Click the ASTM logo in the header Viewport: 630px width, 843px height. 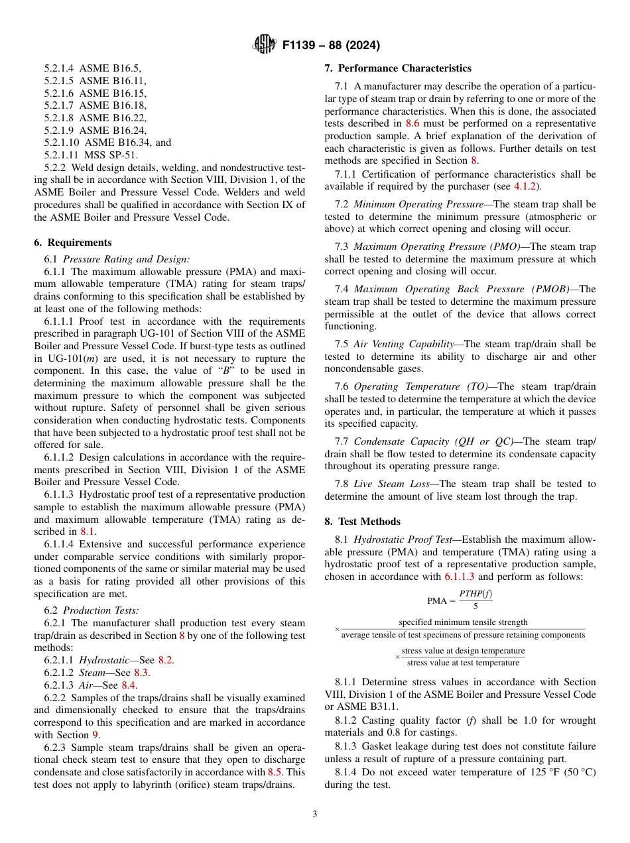coord(265,45)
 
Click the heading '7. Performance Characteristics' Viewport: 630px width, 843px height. coord(398,68)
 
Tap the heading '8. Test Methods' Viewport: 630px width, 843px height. coord(363,522)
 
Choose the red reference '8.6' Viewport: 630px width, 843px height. coord(412,123)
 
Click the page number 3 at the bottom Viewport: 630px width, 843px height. coord(314,815)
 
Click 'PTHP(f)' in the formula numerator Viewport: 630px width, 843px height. coord(475,594)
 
